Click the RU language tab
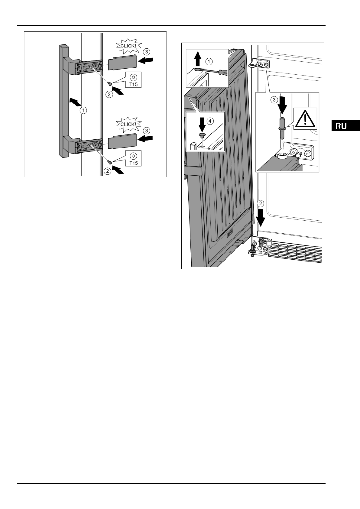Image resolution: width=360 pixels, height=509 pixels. pos(345,126)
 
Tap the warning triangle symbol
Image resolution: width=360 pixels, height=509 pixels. pos(305,119)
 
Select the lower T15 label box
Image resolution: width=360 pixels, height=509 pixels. pos(133,159)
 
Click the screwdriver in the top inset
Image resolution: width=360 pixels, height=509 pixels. pos(215,72)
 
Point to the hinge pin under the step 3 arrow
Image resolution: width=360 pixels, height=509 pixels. pos(281,127)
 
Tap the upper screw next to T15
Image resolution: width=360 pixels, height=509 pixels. pos(111,84)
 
